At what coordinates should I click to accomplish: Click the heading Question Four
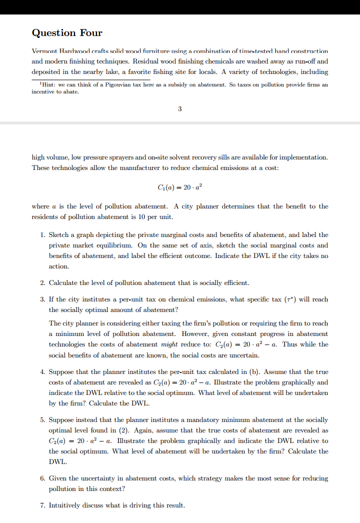coord(67,33)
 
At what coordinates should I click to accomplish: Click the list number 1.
coord(42,234)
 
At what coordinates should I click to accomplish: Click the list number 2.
coord(42,283)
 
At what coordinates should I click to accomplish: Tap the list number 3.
coord(42,299)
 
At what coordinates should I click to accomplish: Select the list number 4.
coord(42,372)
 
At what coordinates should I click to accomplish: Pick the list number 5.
coord(42,420)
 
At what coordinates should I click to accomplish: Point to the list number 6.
coord(42,478)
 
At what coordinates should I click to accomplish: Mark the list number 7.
coord(42,505)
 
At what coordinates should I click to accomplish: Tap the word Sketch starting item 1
coord(59,234)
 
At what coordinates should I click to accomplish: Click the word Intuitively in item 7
coord(65,505)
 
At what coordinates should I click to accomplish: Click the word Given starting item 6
coord(58,478)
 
